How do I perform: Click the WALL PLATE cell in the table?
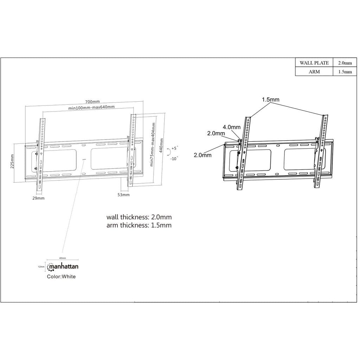tap(314, 63)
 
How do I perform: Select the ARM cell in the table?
tap(314, 72)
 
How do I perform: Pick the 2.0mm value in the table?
tap(345, 63)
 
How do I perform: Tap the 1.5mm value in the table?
tap(345, 72)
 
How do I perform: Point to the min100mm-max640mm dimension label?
tap(91, 107)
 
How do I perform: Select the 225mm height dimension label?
tap(12, 161)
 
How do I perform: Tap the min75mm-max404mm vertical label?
tap(153, 144)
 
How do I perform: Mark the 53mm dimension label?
tap(123, 194)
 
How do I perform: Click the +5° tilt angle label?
tap(175, 148)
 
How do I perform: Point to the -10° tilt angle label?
tap(174, 158)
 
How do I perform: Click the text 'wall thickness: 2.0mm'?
tap(139, 217)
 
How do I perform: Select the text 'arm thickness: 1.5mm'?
tap(139, 225)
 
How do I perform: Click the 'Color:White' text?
tap(61, 276)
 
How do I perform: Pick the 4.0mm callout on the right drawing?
tap(231, 127)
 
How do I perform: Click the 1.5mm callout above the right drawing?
tap(270, 99)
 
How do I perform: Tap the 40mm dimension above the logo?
tap(62, 258)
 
